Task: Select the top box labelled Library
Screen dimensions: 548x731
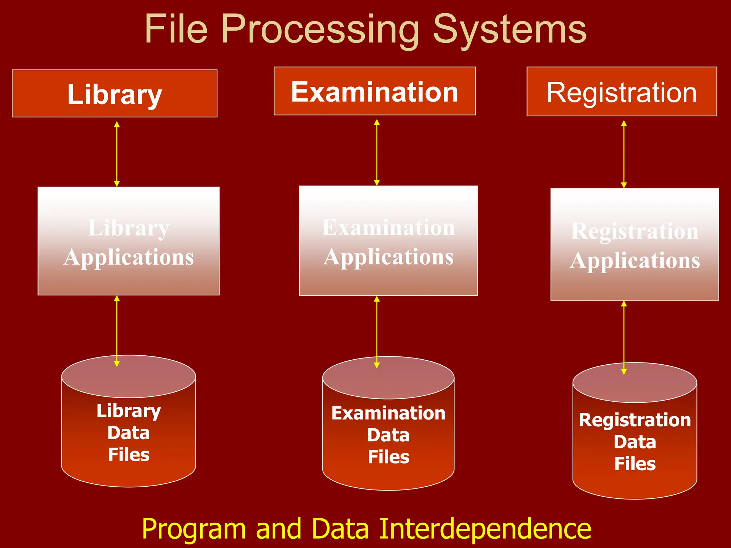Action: click(x=115, y=93)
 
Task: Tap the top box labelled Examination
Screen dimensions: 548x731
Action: click(x=374, y=91)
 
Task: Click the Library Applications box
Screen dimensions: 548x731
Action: click(x=128, y=241)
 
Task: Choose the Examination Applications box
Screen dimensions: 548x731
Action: click(x=388, y=241)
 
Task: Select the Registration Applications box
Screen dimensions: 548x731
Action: click(x=635, y=244)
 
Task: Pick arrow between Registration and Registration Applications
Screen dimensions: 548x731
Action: click(x=624, y=154)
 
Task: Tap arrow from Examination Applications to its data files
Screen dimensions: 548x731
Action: click(x=377, y=332)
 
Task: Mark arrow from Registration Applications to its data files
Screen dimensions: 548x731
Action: click(x=624, y=337)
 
